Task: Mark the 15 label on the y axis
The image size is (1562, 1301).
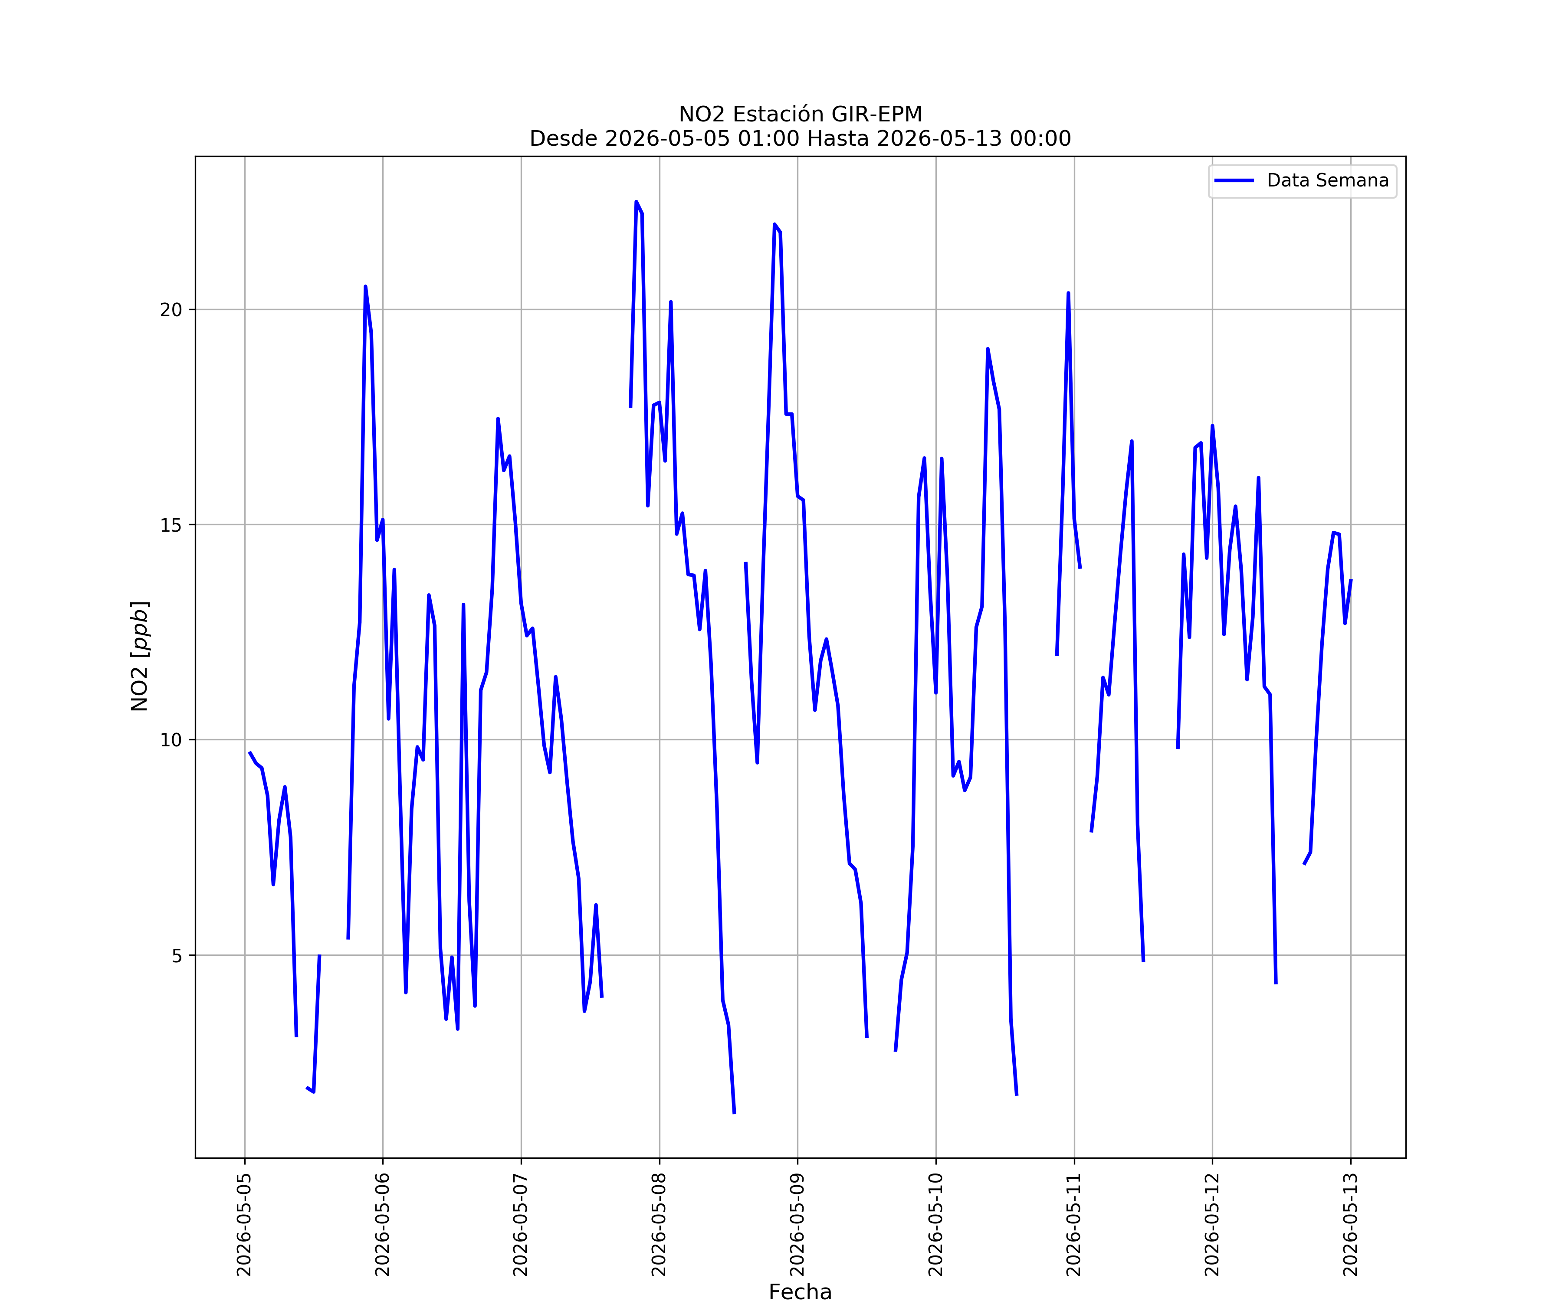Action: (x=171, y=525)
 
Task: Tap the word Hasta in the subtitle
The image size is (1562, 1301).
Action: (x=837, y=138)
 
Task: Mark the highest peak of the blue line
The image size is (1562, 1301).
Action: (x=637, y=202)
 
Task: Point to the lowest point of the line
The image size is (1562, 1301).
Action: (x=734, y=1113)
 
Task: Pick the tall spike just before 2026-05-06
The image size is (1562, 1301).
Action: (x=365, y=286)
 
